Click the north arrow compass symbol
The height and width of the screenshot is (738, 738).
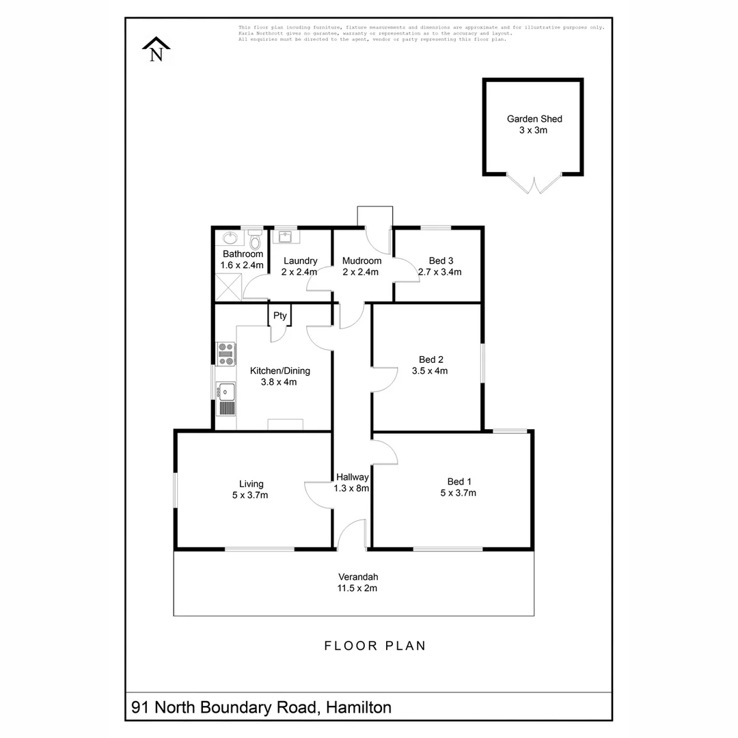coord(156,50)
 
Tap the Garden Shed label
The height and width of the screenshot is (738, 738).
coord(534,119)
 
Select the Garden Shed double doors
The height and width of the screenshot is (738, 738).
coord(534,183)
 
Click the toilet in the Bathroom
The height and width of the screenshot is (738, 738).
coord(255,241)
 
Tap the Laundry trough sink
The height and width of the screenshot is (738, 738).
coord(284,237)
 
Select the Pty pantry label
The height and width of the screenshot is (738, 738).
coord(280,316)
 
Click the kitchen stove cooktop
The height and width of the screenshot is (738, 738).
coord(226,353)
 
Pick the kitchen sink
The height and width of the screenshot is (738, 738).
coord(226,392)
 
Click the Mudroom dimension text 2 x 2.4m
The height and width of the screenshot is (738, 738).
coord(361,272)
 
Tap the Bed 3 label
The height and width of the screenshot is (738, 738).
coord(441,260)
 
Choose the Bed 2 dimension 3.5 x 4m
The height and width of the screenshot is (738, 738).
coord(429,371)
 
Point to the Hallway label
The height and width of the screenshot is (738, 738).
coord(353,477)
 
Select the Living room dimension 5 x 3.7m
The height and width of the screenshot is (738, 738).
coord(250,495)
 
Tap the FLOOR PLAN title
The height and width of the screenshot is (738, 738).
coord(374,646)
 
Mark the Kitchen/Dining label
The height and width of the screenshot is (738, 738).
coord(279,370)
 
